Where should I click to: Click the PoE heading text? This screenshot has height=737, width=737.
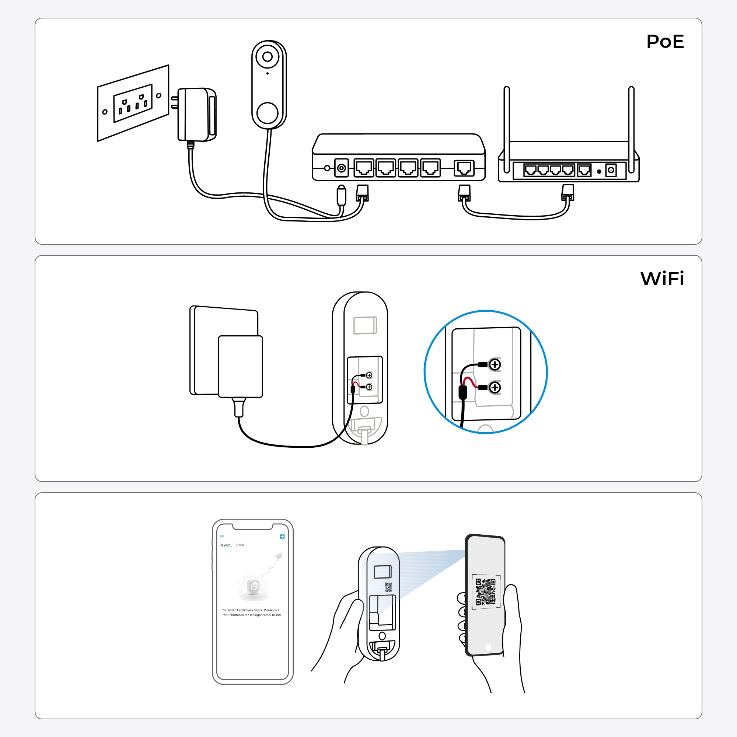click(665, 41)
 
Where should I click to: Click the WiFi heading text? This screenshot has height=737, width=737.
click(662, 279)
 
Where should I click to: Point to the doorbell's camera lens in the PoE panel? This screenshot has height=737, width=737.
click(268, 57)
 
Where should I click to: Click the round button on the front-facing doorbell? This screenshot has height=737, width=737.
click(267, 113)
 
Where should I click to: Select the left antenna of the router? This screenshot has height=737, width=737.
click(507, 130)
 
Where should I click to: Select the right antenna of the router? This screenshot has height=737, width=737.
click(631, 130)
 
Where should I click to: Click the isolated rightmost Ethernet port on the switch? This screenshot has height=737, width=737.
click(464, 168)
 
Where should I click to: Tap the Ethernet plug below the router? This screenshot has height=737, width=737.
click(567, 193)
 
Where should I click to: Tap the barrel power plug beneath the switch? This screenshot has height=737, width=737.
click(342, 195)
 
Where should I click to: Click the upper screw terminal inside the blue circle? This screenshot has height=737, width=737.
click(495, 365)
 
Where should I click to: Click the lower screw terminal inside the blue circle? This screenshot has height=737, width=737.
click(495, 388)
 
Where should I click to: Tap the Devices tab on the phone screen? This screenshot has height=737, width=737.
click(225, 545)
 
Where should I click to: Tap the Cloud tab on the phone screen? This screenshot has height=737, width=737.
click(240, 545)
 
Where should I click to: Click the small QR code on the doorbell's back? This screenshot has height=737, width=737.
click(388, 587)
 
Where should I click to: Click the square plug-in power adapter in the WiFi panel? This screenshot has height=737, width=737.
click(240, 366)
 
